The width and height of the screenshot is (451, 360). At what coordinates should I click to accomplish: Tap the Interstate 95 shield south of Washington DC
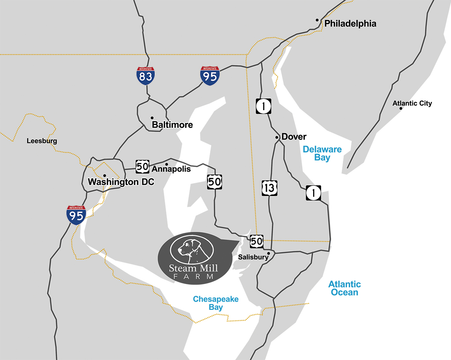click(76, 215)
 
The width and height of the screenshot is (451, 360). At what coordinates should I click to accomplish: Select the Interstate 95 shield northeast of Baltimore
click(210, 76)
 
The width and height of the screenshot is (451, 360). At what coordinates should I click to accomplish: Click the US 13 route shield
click(269, 188)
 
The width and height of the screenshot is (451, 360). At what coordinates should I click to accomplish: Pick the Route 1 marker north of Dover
click(263, 106)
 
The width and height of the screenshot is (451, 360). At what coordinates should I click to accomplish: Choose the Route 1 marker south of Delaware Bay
click(313, 193)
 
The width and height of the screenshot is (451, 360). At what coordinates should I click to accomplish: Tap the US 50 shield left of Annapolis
click(142, 166)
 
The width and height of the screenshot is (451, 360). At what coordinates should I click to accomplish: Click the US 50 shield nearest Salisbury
click(256, 241)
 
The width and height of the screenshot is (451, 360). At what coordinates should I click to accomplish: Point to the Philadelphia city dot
click(317, 20)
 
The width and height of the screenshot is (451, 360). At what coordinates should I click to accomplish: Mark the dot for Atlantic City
click(401, 109)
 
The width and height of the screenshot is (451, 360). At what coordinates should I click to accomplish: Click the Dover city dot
click(277, 138)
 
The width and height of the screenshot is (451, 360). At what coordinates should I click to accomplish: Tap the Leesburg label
click(42, 141)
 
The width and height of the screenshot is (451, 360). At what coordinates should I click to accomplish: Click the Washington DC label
click(121, 182)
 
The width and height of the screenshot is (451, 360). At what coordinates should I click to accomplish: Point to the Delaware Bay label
click(322, 153)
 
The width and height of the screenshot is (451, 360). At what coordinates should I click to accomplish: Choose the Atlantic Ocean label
click(344, 288)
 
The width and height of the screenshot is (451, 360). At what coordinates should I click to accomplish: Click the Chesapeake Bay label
click(216, 303)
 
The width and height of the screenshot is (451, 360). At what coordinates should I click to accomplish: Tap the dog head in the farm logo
click(188, 249)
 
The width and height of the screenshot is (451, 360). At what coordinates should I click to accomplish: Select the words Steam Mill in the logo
click(193, 268)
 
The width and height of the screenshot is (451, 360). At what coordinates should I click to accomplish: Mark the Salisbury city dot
click(268, 253)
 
